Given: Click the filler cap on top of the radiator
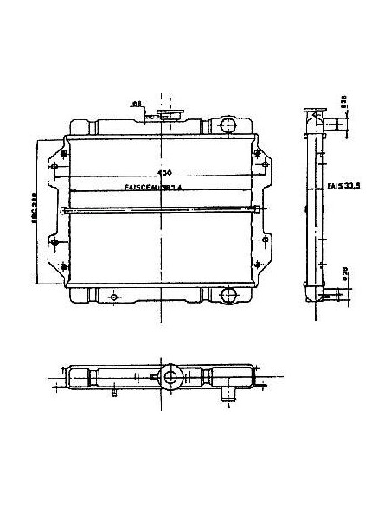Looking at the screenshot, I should (x=170, y=113).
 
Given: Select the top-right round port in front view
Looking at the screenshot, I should (x=228, y=125).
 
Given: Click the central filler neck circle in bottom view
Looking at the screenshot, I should (x=170, y=377).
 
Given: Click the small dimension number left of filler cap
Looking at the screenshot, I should (x=137, y=103).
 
